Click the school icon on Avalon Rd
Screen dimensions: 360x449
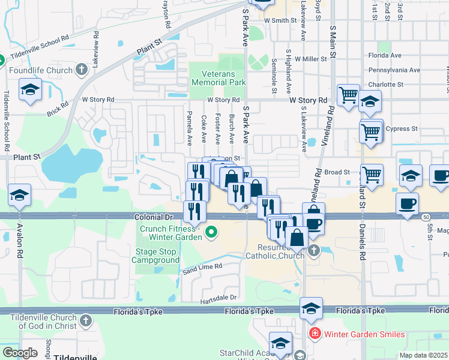click(x=19, y=196)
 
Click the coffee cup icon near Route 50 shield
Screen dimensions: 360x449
click(x=407, y=203)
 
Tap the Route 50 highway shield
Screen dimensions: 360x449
click(x=425, y=215)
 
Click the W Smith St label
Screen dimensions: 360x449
click(x=281, y=20)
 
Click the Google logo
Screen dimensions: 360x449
click(x=20, y=353)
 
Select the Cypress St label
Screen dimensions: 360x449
click(x=402, y=128)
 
